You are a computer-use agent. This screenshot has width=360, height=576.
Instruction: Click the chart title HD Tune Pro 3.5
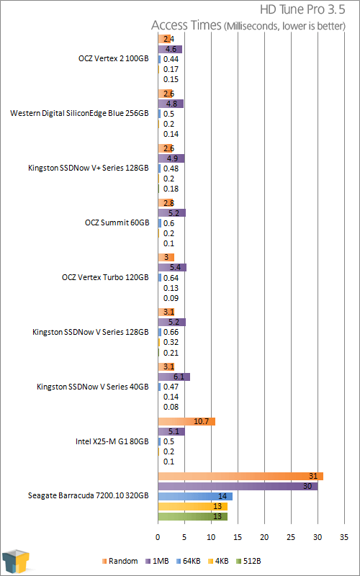[x=302, y=10]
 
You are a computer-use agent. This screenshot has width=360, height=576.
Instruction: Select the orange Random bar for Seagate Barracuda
[x=240, y=476]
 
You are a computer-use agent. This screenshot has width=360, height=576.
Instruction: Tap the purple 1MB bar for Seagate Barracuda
[x=238, y=487]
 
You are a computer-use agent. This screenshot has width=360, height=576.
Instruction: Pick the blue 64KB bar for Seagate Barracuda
[x=195, y=496]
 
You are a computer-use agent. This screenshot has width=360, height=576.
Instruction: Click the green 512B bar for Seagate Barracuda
[x=192, y=516]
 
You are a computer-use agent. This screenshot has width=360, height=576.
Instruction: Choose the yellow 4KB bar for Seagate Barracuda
[x=192, y=507]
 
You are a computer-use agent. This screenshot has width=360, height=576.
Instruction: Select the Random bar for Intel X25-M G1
[x=186, y=421]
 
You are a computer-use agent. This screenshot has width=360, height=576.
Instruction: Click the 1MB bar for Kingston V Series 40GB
[x=174, y=377]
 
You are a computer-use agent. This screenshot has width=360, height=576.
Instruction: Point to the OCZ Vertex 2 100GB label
[x=114, y=59]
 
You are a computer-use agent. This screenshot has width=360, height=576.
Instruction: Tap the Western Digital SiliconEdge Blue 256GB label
[x=80, y=113]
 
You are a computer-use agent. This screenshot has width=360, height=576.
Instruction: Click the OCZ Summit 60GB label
[x=117, y=222]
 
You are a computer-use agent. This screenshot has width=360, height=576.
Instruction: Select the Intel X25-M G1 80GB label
[x=112, y=441]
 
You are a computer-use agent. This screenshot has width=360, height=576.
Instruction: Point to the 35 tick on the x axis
[x=344, y=537]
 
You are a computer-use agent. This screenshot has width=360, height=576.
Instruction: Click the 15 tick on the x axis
[x=238, y=537]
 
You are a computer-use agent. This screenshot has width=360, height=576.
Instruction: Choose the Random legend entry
[x=120, y=561]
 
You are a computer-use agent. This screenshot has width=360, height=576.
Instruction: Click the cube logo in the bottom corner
[x=15, y=559]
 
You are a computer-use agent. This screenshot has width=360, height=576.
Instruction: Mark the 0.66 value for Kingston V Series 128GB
[x=171, y=333]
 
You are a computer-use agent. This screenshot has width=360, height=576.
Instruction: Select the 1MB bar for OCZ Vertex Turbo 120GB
[x=172, y=267]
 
